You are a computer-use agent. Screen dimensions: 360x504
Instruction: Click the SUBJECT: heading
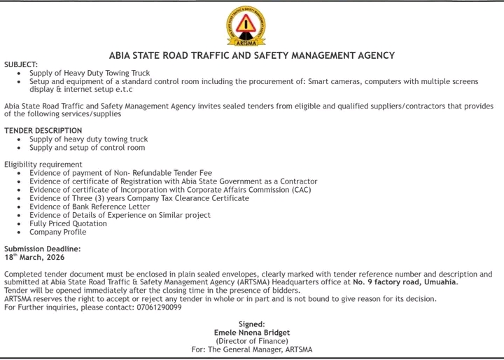pos(21,64)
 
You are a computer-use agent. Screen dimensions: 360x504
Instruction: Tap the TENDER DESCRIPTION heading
pos(43,131)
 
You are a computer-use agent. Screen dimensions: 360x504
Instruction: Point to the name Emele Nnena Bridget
pos(252,333)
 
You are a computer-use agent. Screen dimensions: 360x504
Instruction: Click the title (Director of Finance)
pos(252,341)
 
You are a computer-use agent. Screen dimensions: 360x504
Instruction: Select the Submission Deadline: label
pos(42,249)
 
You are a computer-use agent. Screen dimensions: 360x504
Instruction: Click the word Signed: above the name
pos(252,324)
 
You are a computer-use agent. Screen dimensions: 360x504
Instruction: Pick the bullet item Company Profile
pos(58,232)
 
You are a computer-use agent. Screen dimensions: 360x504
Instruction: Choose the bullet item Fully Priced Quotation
pos(69,223)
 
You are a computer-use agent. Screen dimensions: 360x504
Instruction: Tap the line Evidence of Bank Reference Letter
pos(90,207)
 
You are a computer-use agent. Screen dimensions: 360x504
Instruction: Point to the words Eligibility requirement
pos(43,165)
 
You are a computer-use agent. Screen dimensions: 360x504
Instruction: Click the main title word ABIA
pos(122,55)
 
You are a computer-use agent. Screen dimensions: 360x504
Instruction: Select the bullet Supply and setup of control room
pos(87,148)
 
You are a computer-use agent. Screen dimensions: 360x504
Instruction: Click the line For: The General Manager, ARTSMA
pos(252,349)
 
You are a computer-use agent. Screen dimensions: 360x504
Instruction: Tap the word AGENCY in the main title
pos(374,55)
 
